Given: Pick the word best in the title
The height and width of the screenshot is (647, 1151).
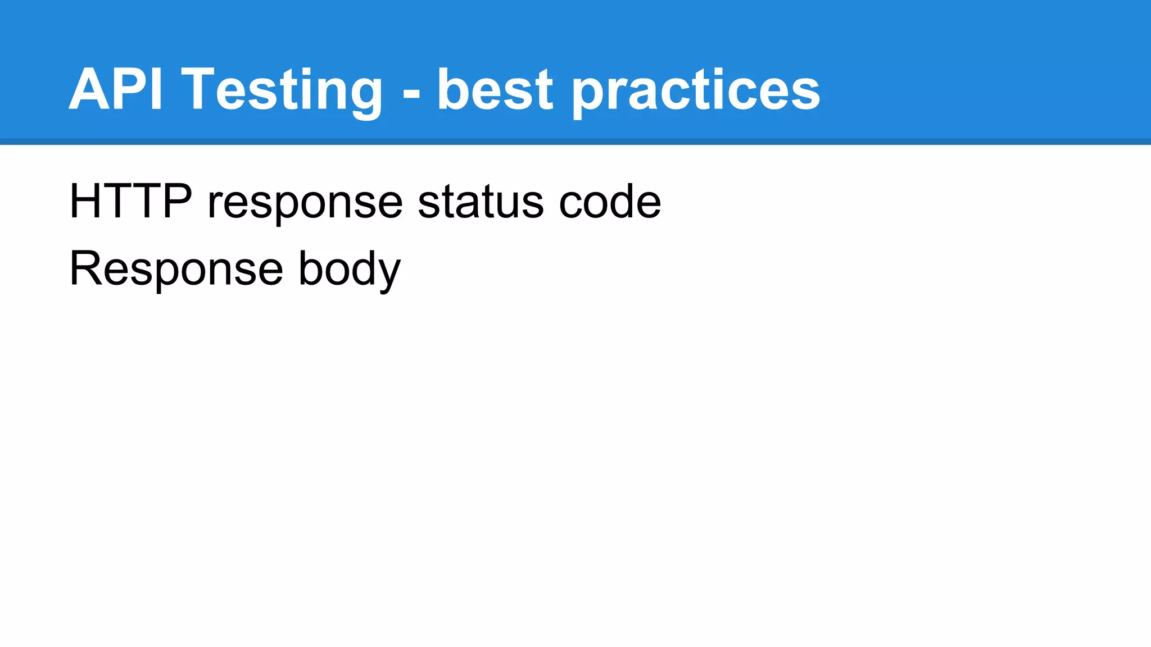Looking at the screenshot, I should point(495,90).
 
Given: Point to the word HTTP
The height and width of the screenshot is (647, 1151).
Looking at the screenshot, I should point(130,201).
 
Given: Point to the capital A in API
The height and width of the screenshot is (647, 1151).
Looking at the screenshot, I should point(90,89).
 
